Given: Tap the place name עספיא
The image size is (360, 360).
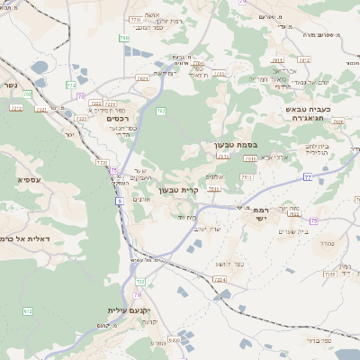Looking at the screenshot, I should (28, 180).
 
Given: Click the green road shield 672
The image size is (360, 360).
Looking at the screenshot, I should (27, 310).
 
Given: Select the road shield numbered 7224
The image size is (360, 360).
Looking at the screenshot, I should (219, 280).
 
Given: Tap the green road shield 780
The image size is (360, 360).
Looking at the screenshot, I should (123, 39).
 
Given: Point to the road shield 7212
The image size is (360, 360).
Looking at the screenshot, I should (303, 60).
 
